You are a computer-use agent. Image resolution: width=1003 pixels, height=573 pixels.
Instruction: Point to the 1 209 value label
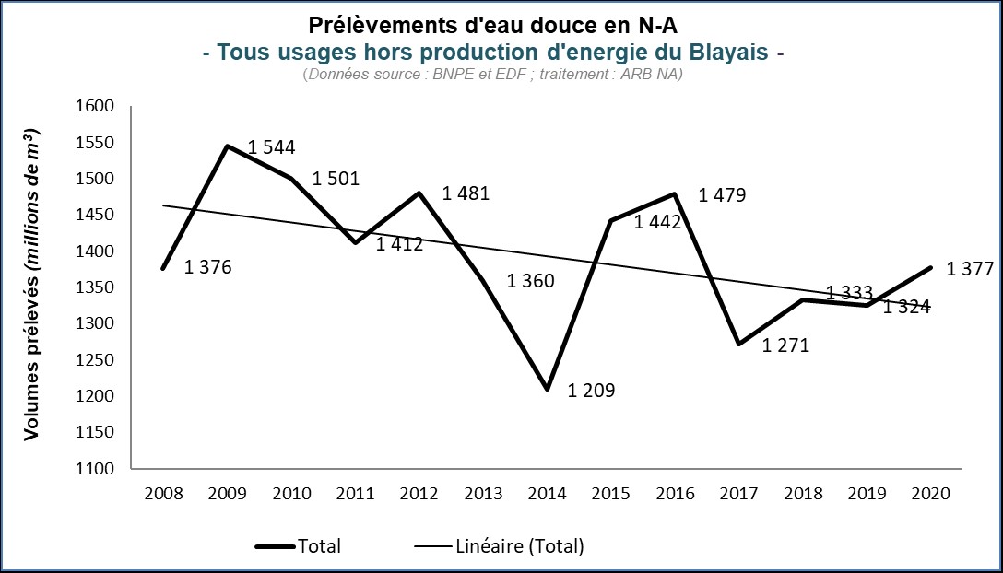[591, 391]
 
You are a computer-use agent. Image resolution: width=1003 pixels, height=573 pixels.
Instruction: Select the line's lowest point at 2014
[548, 389]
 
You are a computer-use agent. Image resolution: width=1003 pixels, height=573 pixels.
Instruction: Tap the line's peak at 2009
[227, 146]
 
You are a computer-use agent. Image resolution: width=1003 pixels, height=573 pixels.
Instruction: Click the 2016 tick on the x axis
[675, 493]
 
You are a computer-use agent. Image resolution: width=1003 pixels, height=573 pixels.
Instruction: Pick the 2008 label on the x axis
[164, 493]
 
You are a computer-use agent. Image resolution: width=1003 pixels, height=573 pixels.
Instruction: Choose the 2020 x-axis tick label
[931, 493]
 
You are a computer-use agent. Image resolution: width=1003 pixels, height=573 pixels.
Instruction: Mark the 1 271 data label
[786, 345]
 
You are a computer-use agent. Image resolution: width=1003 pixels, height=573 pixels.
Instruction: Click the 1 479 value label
[723, 195]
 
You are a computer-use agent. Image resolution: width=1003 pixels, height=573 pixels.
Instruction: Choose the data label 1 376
[207, 268]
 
